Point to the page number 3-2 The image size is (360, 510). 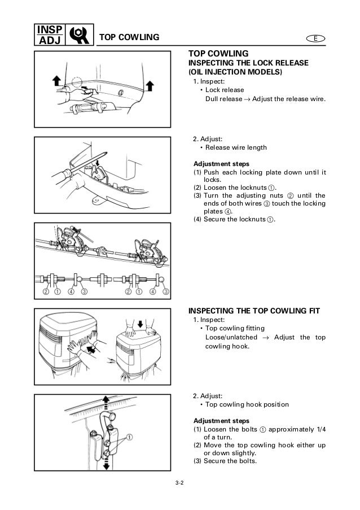click(x=180, y=482)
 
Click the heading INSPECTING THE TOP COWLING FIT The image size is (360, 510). click(x=253, y=311)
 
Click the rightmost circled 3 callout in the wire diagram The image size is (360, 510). click(x=165, y=291)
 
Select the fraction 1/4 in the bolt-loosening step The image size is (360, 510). click(x=322, y=429)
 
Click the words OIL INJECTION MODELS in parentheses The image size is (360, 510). click(x=235, y=72)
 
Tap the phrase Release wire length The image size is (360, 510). click(x=236, y=148)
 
